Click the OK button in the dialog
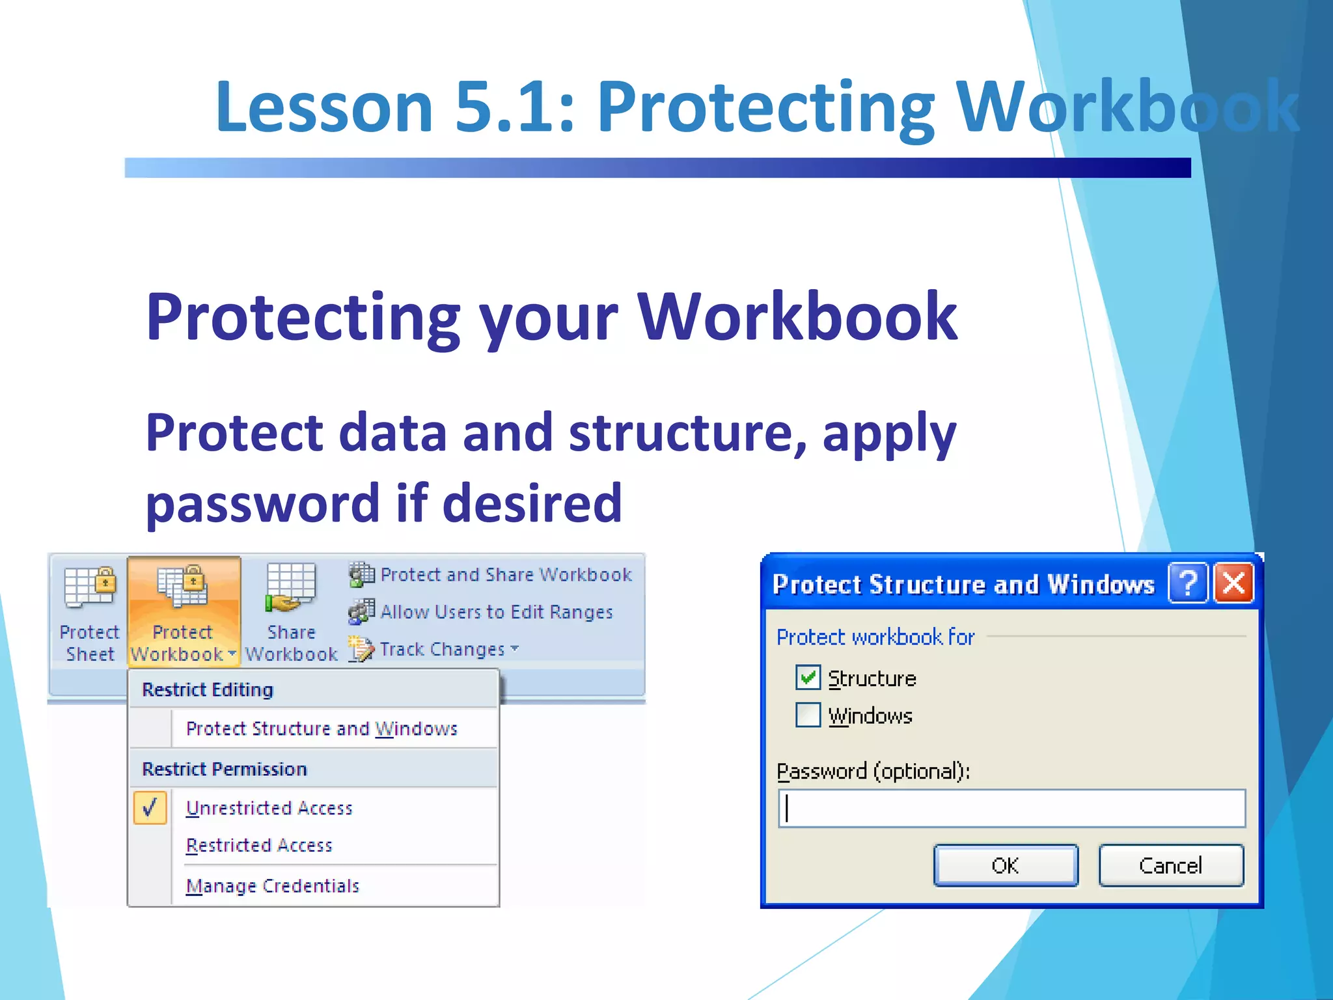[1005, 865]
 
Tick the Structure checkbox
[808, 678]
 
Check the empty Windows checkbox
[808, 715]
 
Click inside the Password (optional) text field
[1011, 809]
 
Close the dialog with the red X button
[1234, 583]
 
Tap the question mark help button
[1188, 583]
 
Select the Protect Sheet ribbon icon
[90, 612]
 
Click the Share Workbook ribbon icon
[291, 612]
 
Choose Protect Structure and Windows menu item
[322, 729]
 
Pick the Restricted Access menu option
[259, 845]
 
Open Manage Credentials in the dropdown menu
[273, 886]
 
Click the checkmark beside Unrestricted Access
[150, 808]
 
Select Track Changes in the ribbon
[441, 649]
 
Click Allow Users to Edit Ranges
[495, 612]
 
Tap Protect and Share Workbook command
[505, 575]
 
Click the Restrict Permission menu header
[225, 769]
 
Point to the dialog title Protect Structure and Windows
[963, 585]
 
